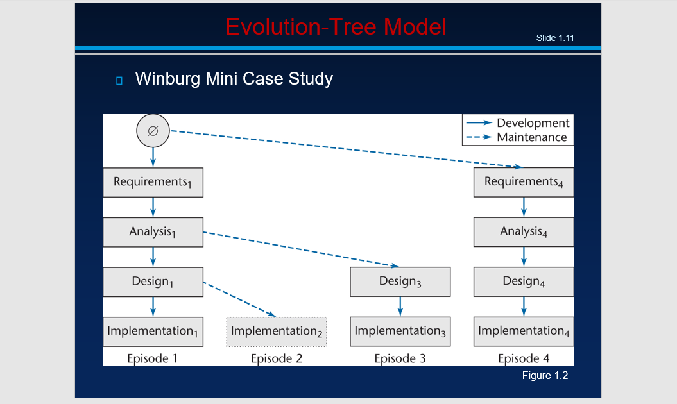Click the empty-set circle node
153,131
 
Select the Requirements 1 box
153,182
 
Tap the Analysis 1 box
153,231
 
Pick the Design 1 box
153,282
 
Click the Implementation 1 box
153,332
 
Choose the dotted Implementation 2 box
277,332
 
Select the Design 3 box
400,282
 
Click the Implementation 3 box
400,332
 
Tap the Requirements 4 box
524,182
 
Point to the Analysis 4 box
524,231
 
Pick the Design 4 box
524,282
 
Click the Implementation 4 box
524,332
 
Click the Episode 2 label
277,358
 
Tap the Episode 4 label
524,358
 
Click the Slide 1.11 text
555,38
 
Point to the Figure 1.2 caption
545,375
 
